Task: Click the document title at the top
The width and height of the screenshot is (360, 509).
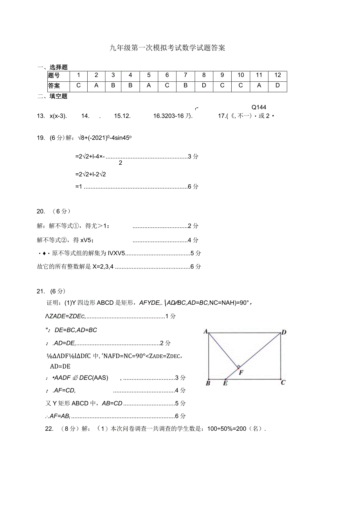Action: coord(167,48)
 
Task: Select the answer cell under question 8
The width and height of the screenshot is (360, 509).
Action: coord(203,86)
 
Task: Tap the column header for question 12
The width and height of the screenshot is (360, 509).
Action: coord(277,75)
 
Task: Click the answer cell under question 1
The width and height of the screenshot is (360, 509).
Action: coord(78,86)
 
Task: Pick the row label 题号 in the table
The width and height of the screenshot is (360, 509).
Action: coord(54,76)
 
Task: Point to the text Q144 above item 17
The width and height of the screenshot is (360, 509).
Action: coord(259,107)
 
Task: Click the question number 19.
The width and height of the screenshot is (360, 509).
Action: coord(40,138)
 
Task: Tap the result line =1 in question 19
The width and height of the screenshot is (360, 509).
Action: coord(78,187)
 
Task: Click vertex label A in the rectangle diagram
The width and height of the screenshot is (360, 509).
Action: coord(205,332)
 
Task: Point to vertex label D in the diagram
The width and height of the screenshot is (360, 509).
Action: coord(284,332)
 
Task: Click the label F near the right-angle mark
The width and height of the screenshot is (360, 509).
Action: coord(241,372)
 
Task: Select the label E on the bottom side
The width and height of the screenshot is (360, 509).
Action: coord(225,383)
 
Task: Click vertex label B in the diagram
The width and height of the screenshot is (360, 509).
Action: coord(208,383)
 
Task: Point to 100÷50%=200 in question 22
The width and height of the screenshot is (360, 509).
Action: coord(227,428)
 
